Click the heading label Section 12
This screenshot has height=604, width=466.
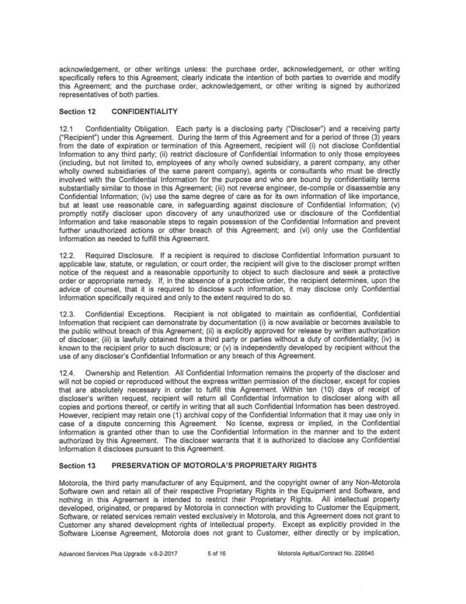click(78, 111)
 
